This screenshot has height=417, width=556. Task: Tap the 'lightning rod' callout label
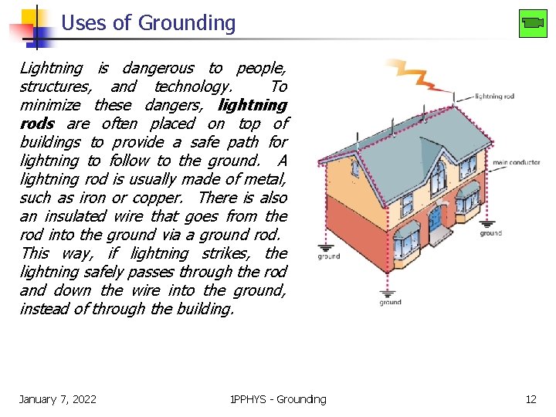pos(494,97)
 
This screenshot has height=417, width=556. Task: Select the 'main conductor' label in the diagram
pos(516,163)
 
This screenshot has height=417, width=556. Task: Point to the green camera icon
pos(533,22)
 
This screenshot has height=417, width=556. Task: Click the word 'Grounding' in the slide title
pos(187,23)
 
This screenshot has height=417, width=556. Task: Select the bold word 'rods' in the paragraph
pos(37,124)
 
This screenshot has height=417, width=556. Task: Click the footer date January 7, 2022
pos(58,399)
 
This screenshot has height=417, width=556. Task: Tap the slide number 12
pos(531,399)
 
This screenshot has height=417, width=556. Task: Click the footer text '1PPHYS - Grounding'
pos(278,399)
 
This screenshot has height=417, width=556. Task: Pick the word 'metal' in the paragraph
pos(263,179)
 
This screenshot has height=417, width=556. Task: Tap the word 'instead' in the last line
pos(46,309)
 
